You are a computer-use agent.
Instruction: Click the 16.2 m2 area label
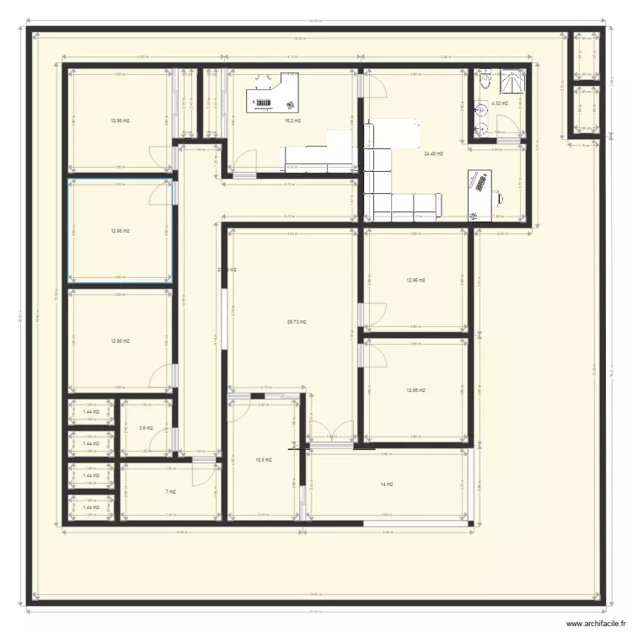click(292, 121)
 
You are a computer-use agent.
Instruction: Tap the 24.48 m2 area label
click(434, 153)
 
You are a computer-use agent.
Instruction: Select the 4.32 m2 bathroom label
click(500, 104)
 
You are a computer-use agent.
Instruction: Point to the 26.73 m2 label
click(297, 321)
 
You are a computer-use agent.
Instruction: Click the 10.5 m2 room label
click(263, 459)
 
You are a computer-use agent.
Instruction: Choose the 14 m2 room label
click(388, 484)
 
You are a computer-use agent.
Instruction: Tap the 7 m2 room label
click(170, 491)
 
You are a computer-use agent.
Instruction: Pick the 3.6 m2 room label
click(146, 428)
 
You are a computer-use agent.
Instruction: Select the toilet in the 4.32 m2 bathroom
click(485, 81)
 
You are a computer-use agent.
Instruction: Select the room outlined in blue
click(121, 230)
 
